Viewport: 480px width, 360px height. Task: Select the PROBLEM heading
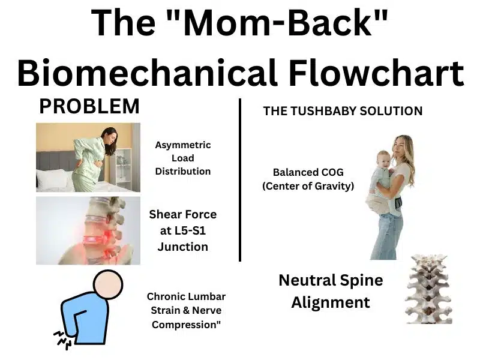(89, 107)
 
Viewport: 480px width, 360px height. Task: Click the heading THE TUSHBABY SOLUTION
(343, 111)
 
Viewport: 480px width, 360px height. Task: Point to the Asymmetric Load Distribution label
(183, 158)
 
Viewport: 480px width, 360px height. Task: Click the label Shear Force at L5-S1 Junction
(182, 230)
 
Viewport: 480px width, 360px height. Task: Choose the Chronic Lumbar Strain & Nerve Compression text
(186, 310)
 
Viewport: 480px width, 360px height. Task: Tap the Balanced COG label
(308, 179)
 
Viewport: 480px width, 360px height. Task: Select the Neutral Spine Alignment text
(330, 291)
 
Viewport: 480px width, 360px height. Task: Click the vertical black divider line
(240, 180)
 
